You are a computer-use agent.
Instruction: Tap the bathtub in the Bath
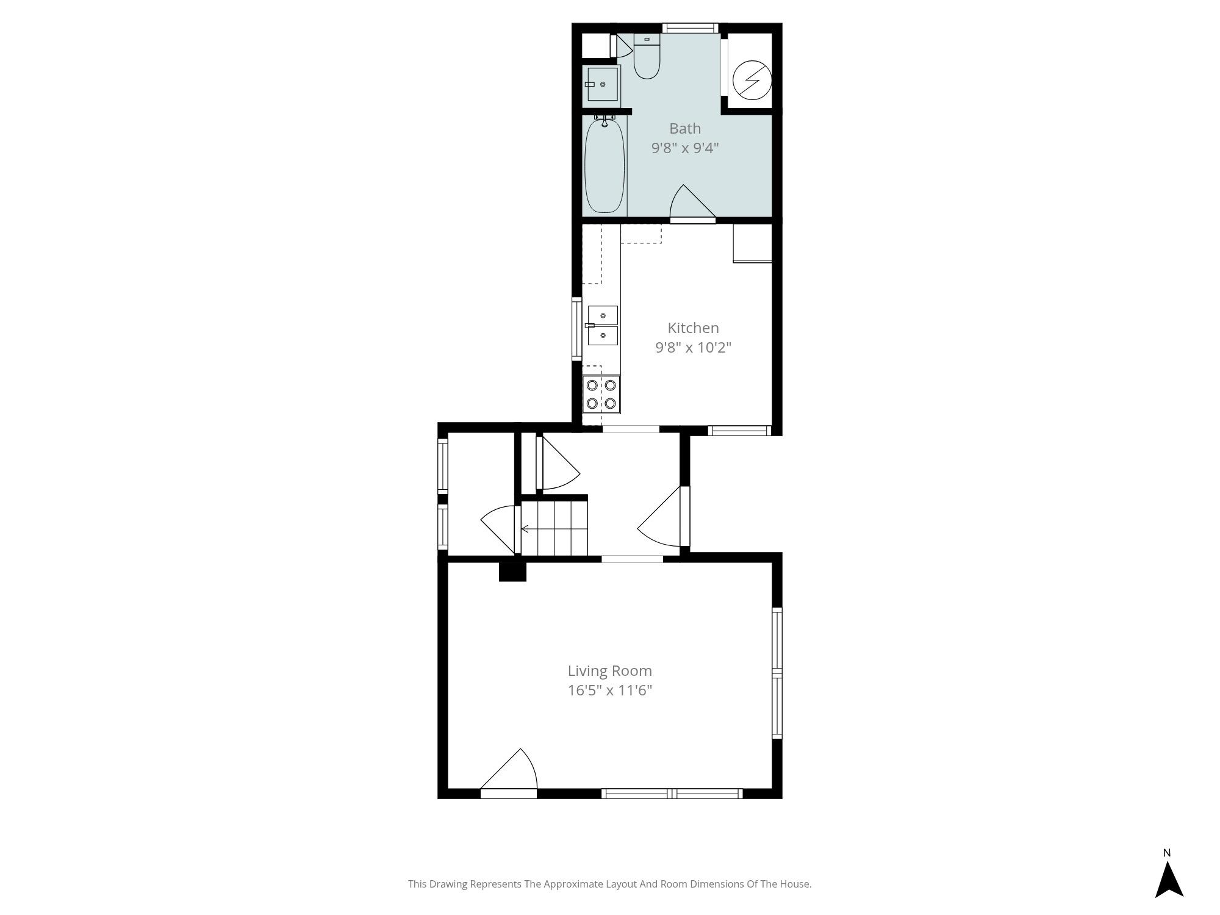(x=605, y=165)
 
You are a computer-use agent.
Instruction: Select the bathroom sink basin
(x=603, y=84)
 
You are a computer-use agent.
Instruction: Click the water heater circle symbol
(x=752, y=79)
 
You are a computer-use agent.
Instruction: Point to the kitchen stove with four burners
(x=601, y=394)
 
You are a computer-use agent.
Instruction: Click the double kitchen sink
(x=603, y=325)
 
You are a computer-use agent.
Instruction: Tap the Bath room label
(x=685, y=129)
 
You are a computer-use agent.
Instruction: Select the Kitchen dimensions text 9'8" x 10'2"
(x=693, y=348)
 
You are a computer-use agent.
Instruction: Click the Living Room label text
(x=610, y=671)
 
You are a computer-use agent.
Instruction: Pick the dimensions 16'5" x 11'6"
(x=610, y=691)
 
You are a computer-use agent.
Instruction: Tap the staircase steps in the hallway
(x=554, y=528)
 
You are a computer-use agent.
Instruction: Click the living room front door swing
(x=509, y=771)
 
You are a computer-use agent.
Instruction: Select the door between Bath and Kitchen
(x=692, y=203)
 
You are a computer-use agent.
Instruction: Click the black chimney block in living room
(x=512, y=572)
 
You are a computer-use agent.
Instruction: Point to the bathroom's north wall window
(x=690, y=27)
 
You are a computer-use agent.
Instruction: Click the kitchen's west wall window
(x=576, y=329)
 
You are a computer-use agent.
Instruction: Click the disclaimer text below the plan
(x=610, y=884)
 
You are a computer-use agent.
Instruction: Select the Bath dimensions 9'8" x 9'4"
(x=685, y=148)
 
